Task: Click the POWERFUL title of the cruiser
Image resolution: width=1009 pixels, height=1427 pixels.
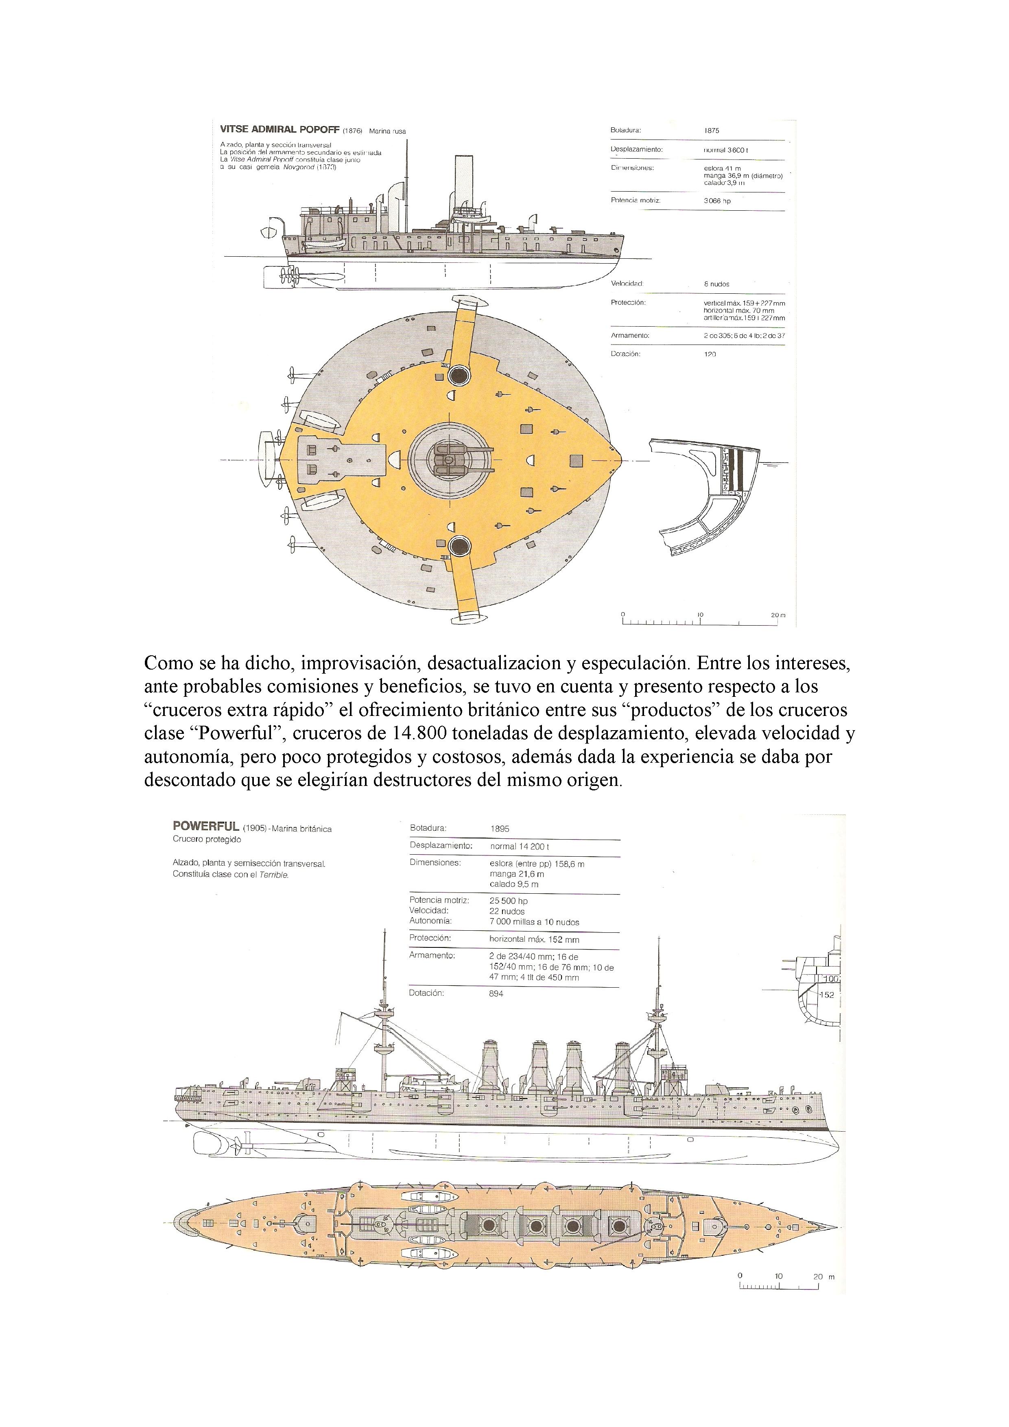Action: point(206,826)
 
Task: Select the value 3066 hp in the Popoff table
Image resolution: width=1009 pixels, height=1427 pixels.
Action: point(717,201)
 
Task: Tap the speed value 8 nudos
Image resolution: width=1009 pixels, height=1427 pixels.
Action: point(716,284)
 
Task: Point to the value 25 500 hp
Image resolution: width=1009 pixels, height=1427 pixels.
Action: point(509,901)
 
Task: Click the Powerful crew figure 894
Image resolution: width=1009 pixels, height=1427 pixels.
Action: point(496,993)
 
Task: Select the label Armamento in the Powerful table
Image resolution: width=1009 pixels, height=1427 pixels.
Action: point(432,955)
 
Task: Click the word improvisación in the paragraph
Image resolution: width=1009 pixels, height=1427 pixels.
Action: point(358,663)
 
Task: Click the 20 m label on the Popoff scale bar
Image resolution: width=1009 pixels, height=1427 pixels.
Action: point(777,615)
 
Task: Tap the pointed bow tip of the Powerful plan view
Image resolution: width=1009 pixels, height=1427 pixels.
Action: point(836,1237)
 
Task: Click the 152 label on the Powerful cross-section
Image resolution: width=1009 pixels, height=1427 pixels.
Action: point(826,995)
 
